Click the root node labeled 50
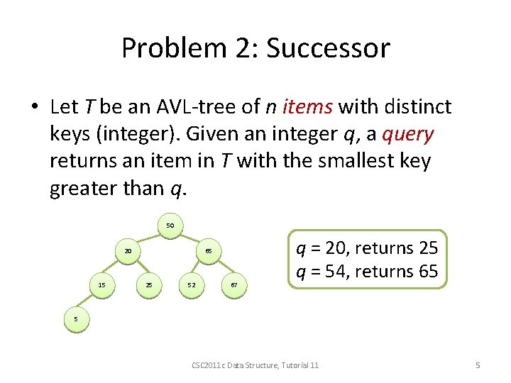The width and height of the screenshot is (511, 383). (x=170, y=226)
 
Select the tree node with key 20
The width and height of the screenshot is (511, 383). (x=128, y=251)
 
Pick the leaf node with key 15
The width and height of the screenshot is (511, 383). (x=102, y=285)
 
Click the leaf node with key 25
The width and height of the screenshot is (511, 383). (x=149, y=285)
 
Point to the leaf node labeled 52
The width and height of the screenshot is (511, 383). (x=192, y=285)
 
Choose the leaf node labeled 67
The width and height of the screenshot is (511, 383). (x=234, y=285)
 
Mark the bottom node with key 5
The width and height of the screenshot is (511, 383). (x=76, y=320)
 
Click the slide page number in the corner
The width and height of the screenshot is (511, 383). (x=478, y=365)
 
